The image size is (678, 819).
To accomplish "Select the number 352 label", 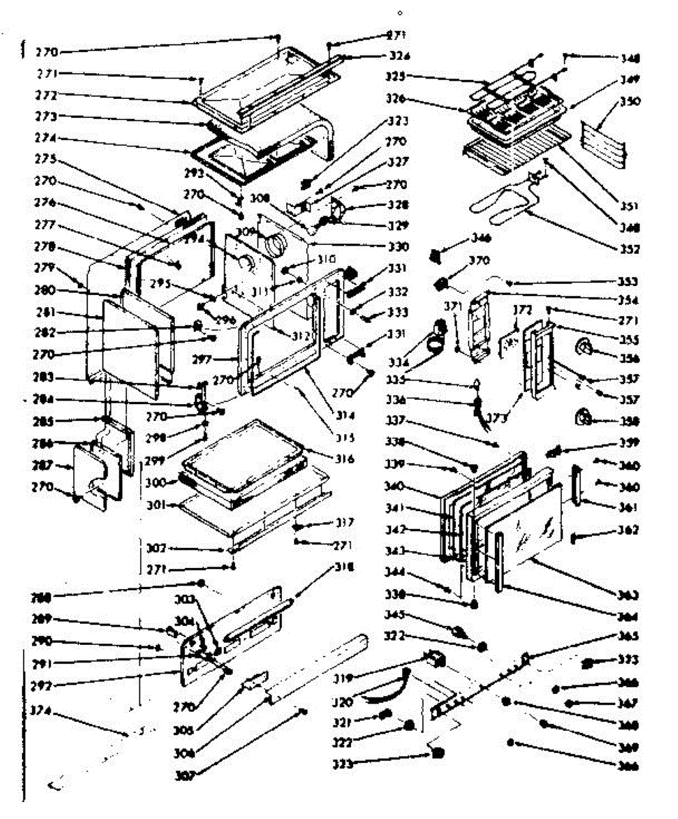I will click(x=627, y=248).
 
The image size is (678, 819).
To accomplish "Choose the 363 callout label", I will click(x=627, y=593).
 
